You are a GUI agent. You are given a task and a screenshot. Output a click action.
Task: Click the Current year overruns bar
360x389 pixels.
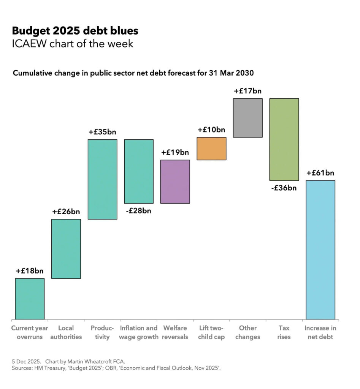[x=30, y=299]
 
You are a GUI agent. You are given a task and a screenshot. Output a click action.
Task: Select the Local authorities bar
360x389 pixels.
[x=66, y=248]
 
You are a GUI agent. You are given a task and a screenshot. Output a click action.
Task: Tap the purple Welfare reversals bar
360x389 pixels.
[x=175, y=182]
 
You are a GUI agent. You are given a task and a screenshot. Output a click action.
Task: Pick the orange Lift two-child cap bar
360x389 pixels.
[x=211, y=149]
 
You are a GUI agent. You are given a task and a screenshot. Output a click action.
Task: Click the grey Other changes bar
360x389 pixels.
[x=247, y=118]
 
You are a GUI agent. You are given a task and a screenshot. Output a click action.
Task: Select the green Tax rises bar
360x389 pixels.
[x=284, y=139]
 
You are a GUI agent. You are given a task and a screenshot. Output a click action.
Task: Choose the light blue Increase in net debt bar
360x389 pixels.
[x=320, y=250]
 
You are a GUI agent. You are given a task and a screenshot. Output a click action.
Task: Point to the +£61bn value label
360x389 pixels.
[x=320, y=173]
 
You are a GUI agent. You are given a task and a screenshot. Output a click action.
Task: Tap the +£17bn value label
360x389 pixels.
[x=247, y=91]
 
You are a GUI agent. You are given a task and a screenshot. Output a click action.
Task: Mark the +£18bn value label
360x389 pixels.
[x=30, y=271]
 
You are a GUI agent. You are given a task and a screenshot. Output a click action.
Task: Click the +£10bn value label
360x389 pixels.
[x=211, y=130]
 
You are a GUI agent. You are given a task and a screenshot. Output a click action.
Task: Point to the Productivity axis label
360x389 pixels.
[x=102, y=332]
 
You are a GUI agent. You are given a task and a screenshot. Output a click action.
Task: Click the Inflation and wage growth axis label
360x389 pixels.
[x=139, y=332]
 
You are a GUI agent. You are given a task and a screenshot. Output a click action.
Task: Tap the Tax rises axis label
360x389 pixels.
[x=284, y=332]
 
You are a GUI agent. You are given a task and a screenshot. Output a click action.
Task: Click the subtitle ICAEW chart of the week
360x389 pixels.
[x=73, y=44]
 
